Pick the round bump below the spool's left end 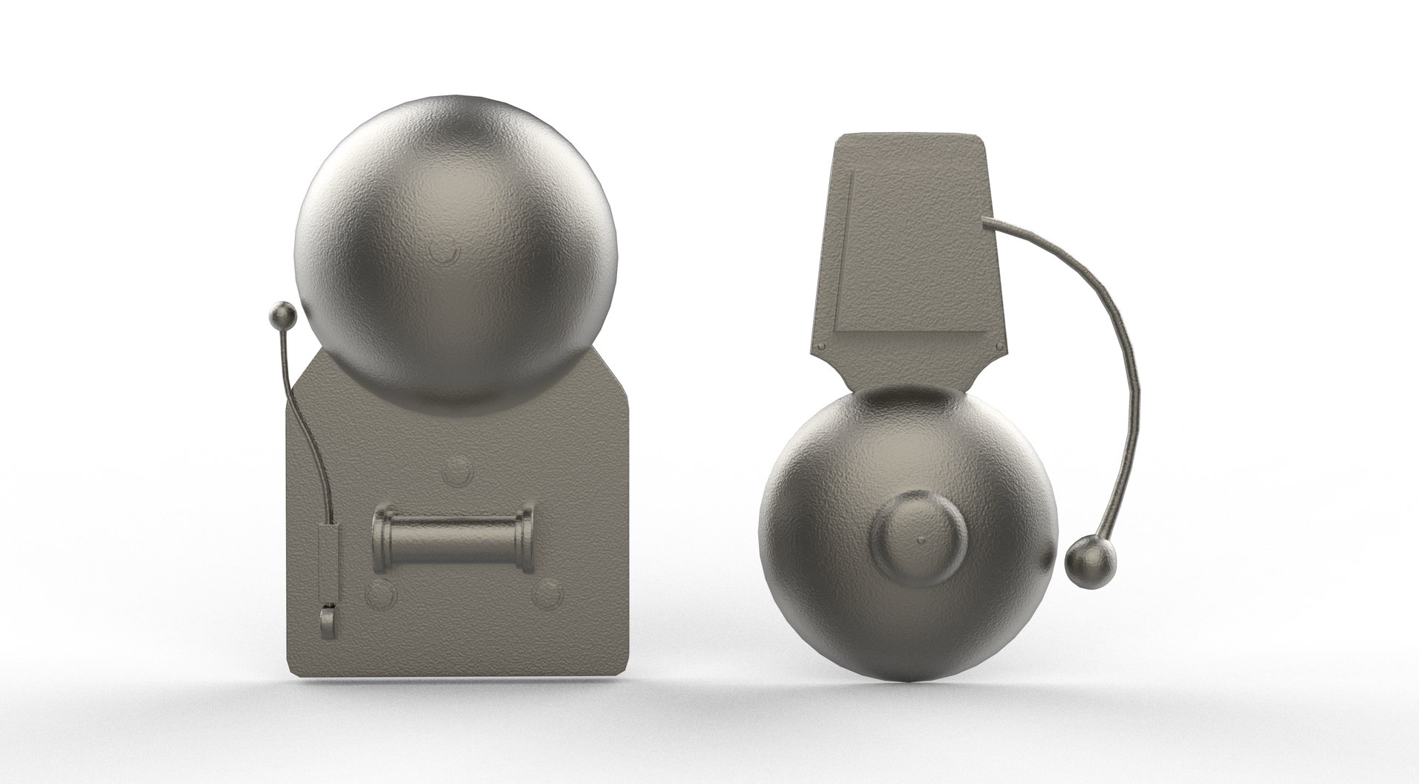tap(380, 592)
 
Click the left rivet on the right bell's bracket tap(820, 348)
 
